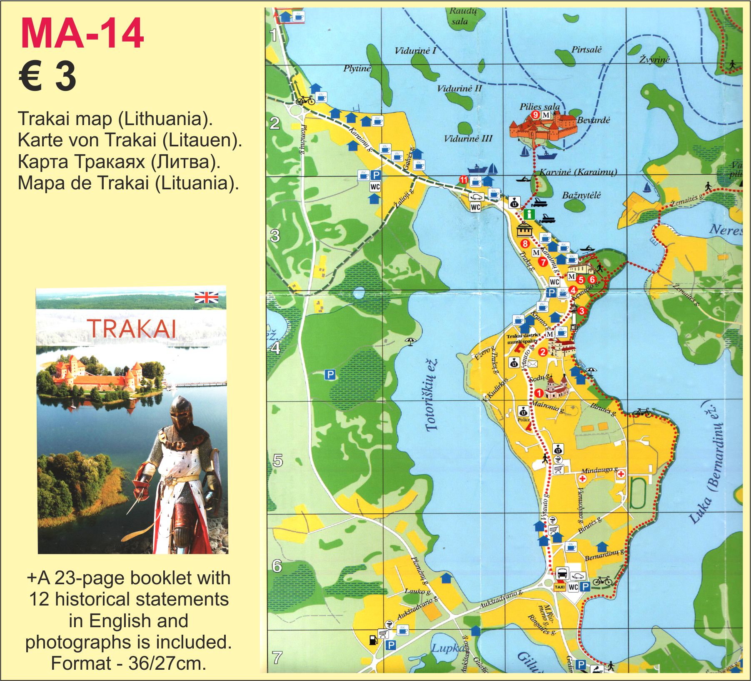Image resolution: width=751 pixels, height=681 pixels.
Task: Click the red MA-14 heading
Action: (82, 33)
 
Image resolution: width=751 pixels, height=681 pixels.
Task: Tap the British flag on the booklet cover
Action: (206, 297)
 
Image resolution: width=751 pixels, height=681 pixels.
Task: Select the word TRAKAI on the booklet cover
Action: (131, 328)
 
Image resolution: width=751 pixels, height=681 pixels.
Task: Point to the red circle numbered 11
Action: (464, 180)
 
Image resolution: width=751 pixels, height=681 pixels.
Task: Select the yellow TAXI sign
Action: (559, 587)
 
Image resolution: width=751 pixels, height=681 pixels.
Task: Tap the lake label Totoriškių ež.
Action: (432, 395)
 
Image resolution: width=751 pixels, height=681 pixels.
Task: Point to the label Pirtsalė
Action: (586, 50)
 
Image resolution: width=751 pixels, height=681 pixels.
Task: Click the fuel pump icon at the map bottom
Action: (373, 639)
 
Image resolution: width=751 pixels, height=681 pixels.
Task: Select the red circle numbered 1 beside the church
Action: (539, 393)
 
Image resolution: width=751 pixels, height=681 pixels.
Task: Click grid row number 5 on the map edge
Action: (277, 461)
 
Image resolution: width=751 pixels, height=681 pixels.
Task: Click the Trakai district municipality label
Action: (523, 338)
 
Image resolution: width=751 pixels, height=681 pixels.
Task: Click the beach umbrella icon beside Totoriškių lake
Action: (410, 342)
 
